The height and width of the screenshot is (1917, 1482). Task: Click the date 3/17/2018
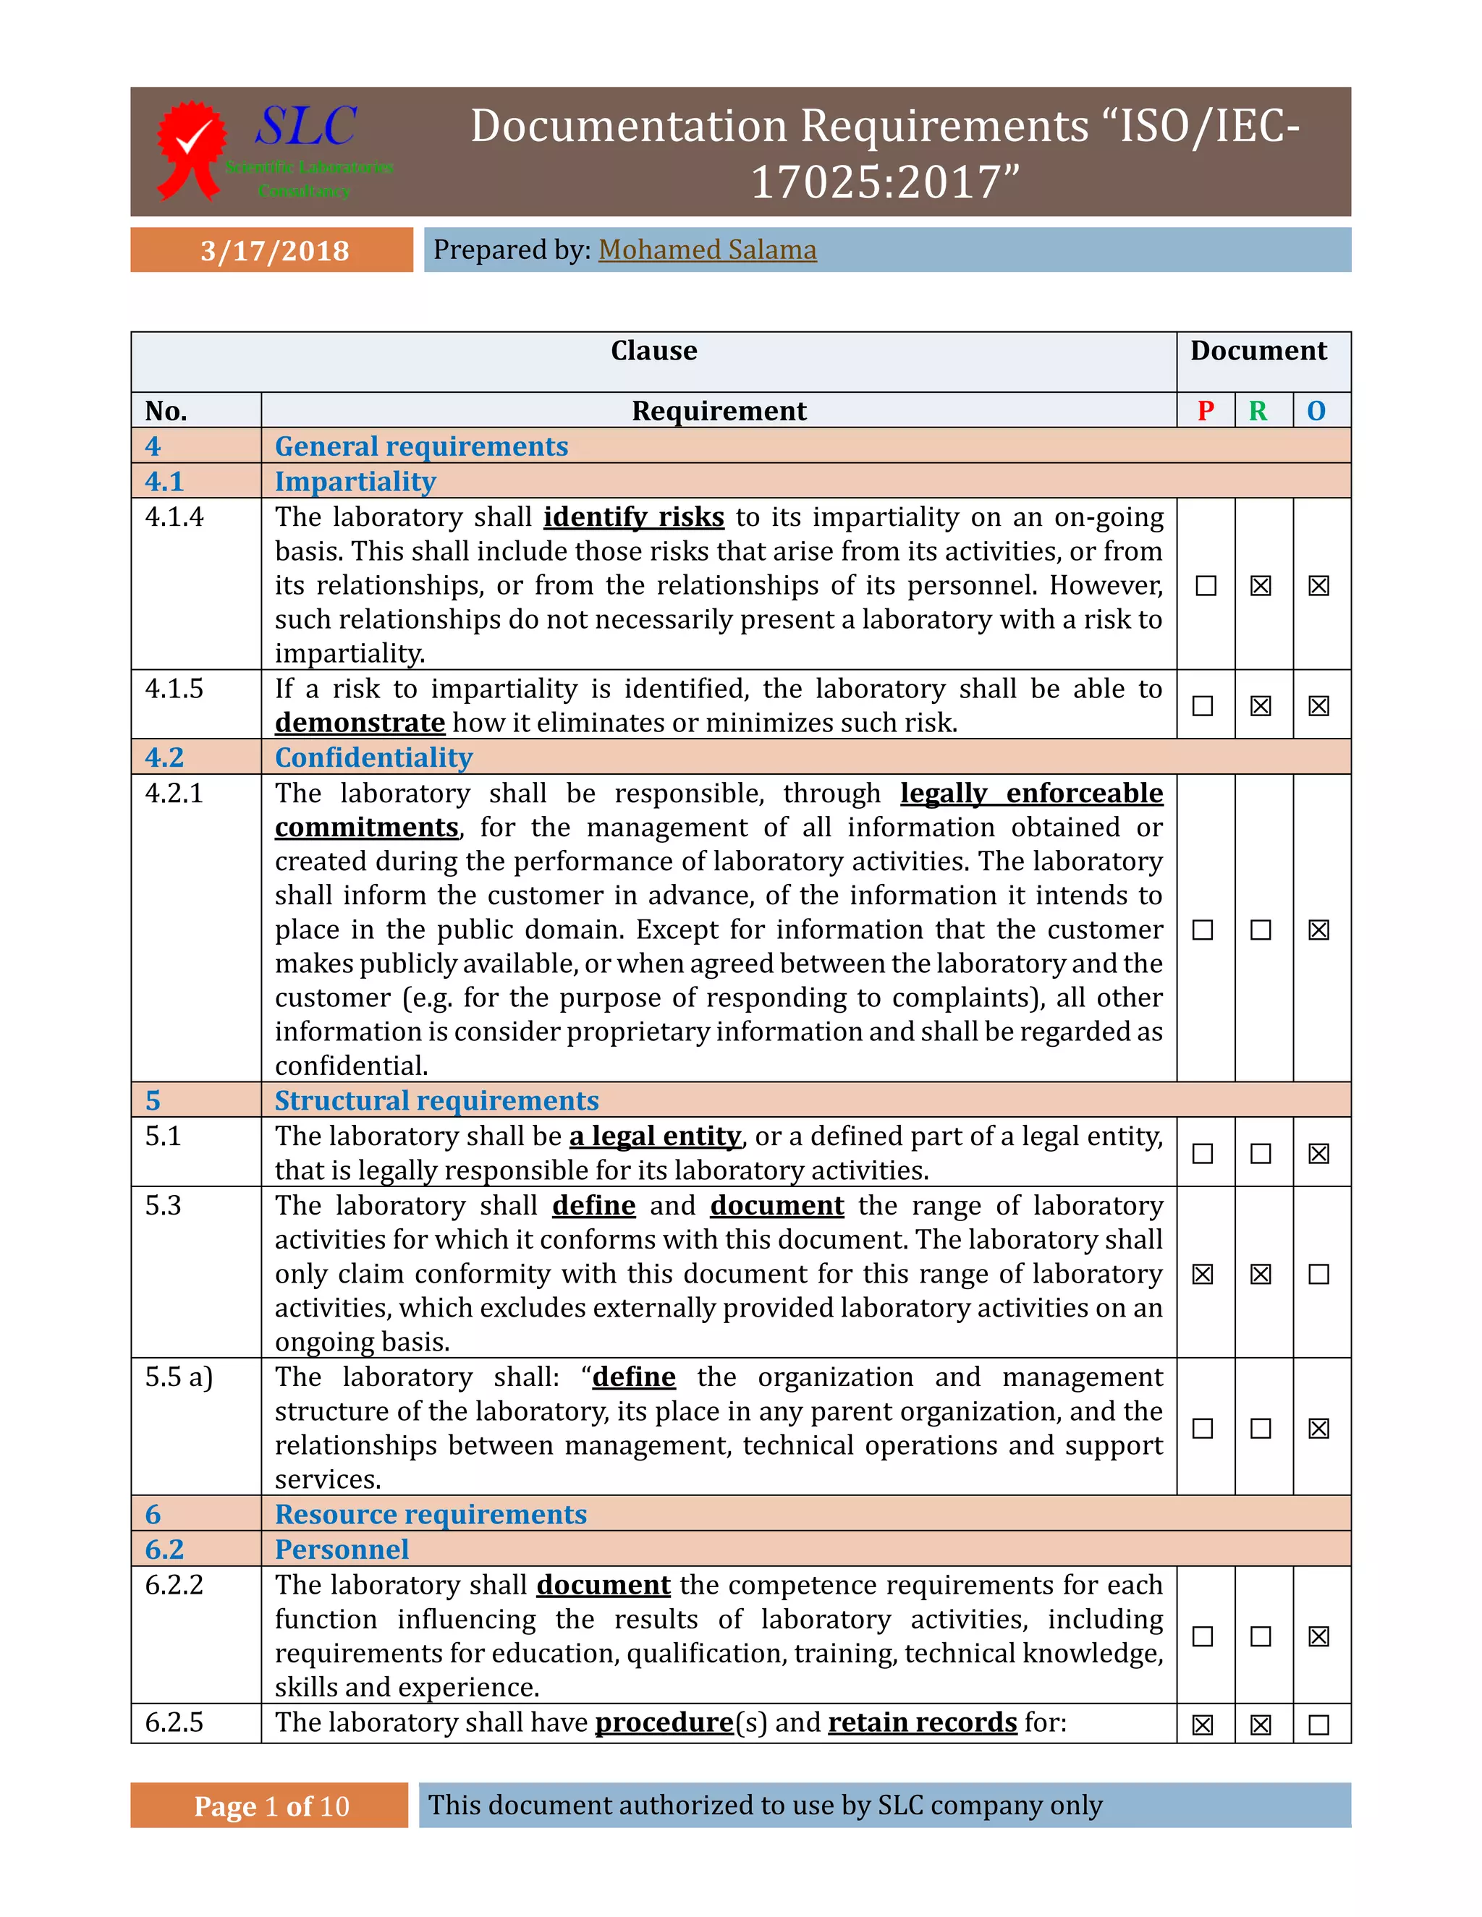(x=274, y=250)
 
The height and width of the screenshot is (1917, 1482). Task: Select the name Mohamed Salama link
(x=707, y=250)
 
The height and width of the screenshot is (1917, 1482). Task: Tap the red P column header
(x=1206, y=411)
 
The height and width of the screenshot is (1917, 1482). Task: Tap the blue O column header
(x=1316, y=411)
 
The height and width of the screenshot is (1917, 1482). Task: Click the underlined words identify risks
(x=633, y=517)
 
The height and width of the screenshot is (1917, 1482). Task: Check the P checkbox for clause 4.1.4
(x=1206, y=585)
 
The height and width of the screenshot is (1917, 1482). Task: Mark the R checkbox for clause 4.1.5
(x=1261, y=706)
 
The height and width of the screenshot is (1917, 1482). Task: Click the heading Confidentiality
(x=373, y=757)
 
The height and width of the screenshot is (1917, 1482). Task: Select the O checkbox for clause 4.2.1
(x=1318, y=930)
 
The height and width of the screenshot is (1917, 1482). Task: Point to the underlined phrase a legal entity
(x=655, y=1136)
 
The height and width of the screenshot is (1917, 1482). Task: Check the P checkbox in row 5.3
(x=1203, y=1274)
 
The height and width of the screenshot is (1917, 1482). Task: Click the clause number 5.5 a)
(x=179, y=1377)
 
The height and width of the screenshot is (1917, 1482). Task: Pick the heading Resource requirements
(x=431, y=1514)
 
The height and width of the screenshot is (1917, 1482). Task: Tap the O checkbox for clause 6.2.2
(x=1318, y=1636)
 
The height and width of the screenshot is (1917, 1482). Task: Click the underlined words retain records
(x=922, y=1722)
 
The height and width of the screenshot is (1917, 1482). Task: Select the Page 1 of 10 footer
(x=271, y=1806)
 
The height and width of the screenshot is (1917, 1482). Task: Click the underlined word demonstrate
(x=360, y=723)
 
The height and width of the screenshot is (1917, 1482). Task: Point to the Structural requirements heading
(x=436, y=1101)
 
